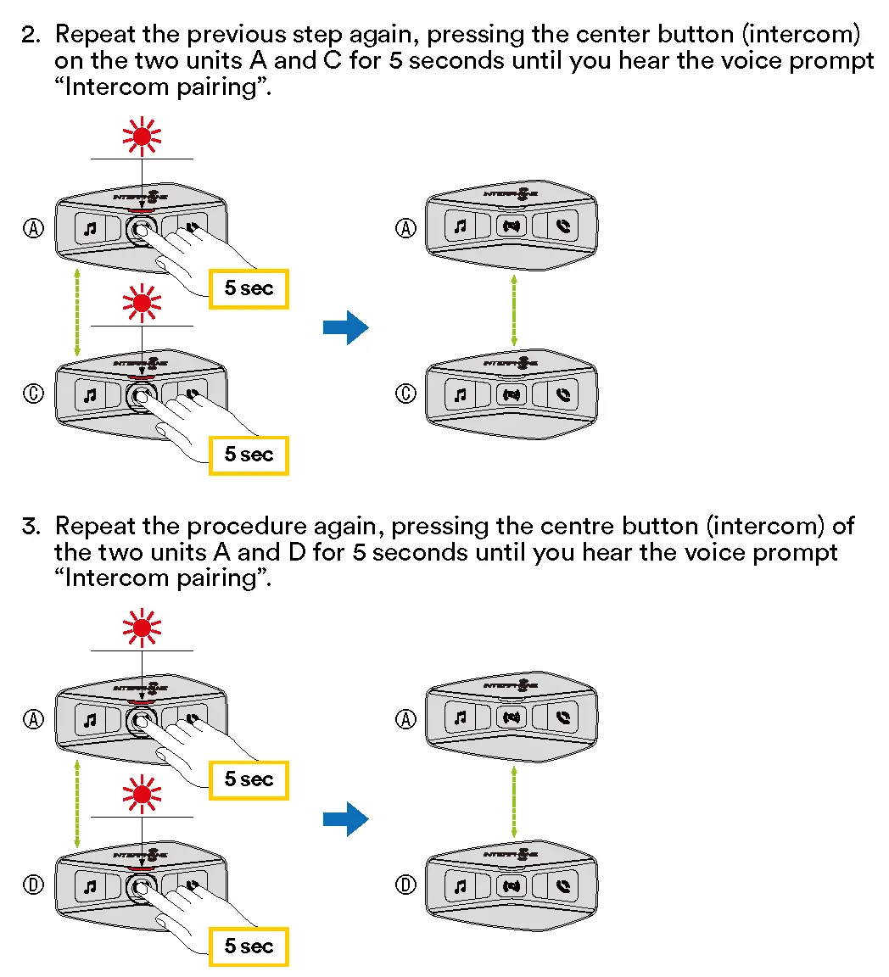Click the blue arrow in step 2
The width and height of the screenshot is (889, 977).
pos(345,327)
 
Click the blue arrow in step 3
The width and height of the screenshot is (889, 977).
pos(345,819)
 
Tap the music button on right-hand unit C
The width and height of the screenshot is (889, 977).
pos(460,394)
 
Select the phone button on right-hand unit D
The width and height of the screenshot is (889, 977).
pos(563,886)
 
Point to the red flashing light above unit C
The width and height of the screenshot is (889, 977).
pos(142,302)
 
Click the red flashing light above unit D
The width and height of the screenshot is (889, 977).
pos(142,794)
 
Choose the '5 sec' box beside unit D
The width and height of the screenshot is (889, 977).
pos(249,946)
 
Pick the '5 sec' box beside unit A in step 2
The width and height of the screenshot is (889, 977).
pos(249,288)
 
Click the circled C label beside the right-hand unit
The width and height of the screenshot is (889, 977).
pos(407,394)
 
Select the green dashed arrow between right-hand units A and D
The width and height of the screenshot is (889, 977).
pos(513,802)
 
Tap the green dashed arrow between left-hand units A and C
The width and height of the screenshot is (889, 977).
pos(77,312)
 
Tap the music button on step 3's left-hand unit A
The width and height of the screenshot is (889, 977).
pos(90,720)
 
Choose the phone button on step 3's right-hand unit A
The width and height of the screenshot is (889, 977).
pos(563,718)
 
